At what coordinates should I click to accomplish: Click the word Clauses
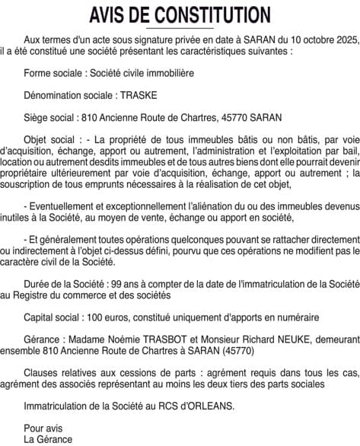[x=41, y=373]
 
